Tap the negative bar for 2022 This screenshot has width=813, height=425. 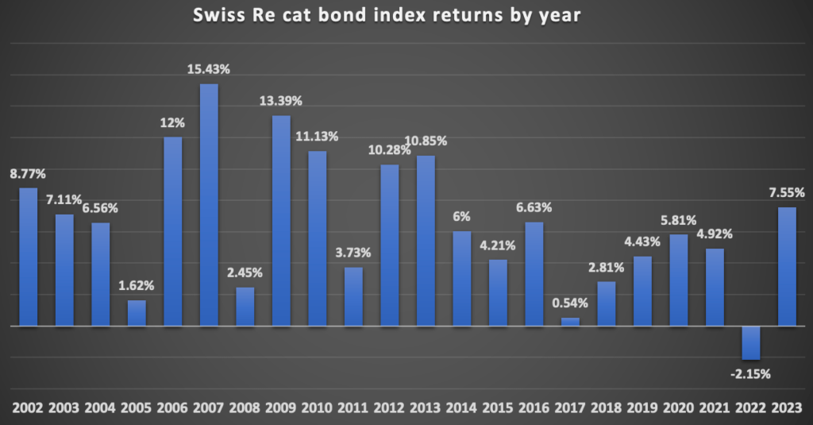pos(750,342)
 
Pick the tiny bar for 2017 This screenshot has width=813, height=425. pos(570,322)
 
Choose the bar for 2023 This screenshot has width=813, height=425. pos(787,266)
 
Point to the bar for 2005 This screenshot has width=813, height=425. pos(137,313)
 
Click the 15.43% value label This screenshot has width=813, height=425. pos(209,70)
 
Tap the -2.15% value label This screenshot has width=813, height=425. pos(750,373)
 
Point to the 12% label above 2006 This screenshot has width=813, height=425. pos(172,123)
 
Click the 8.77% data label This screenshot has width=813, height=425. pos(29,173)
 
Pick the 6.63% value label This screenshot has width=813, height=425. pos(534,207)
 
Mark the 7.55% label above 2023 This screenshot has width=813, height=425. pos(787,192)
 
